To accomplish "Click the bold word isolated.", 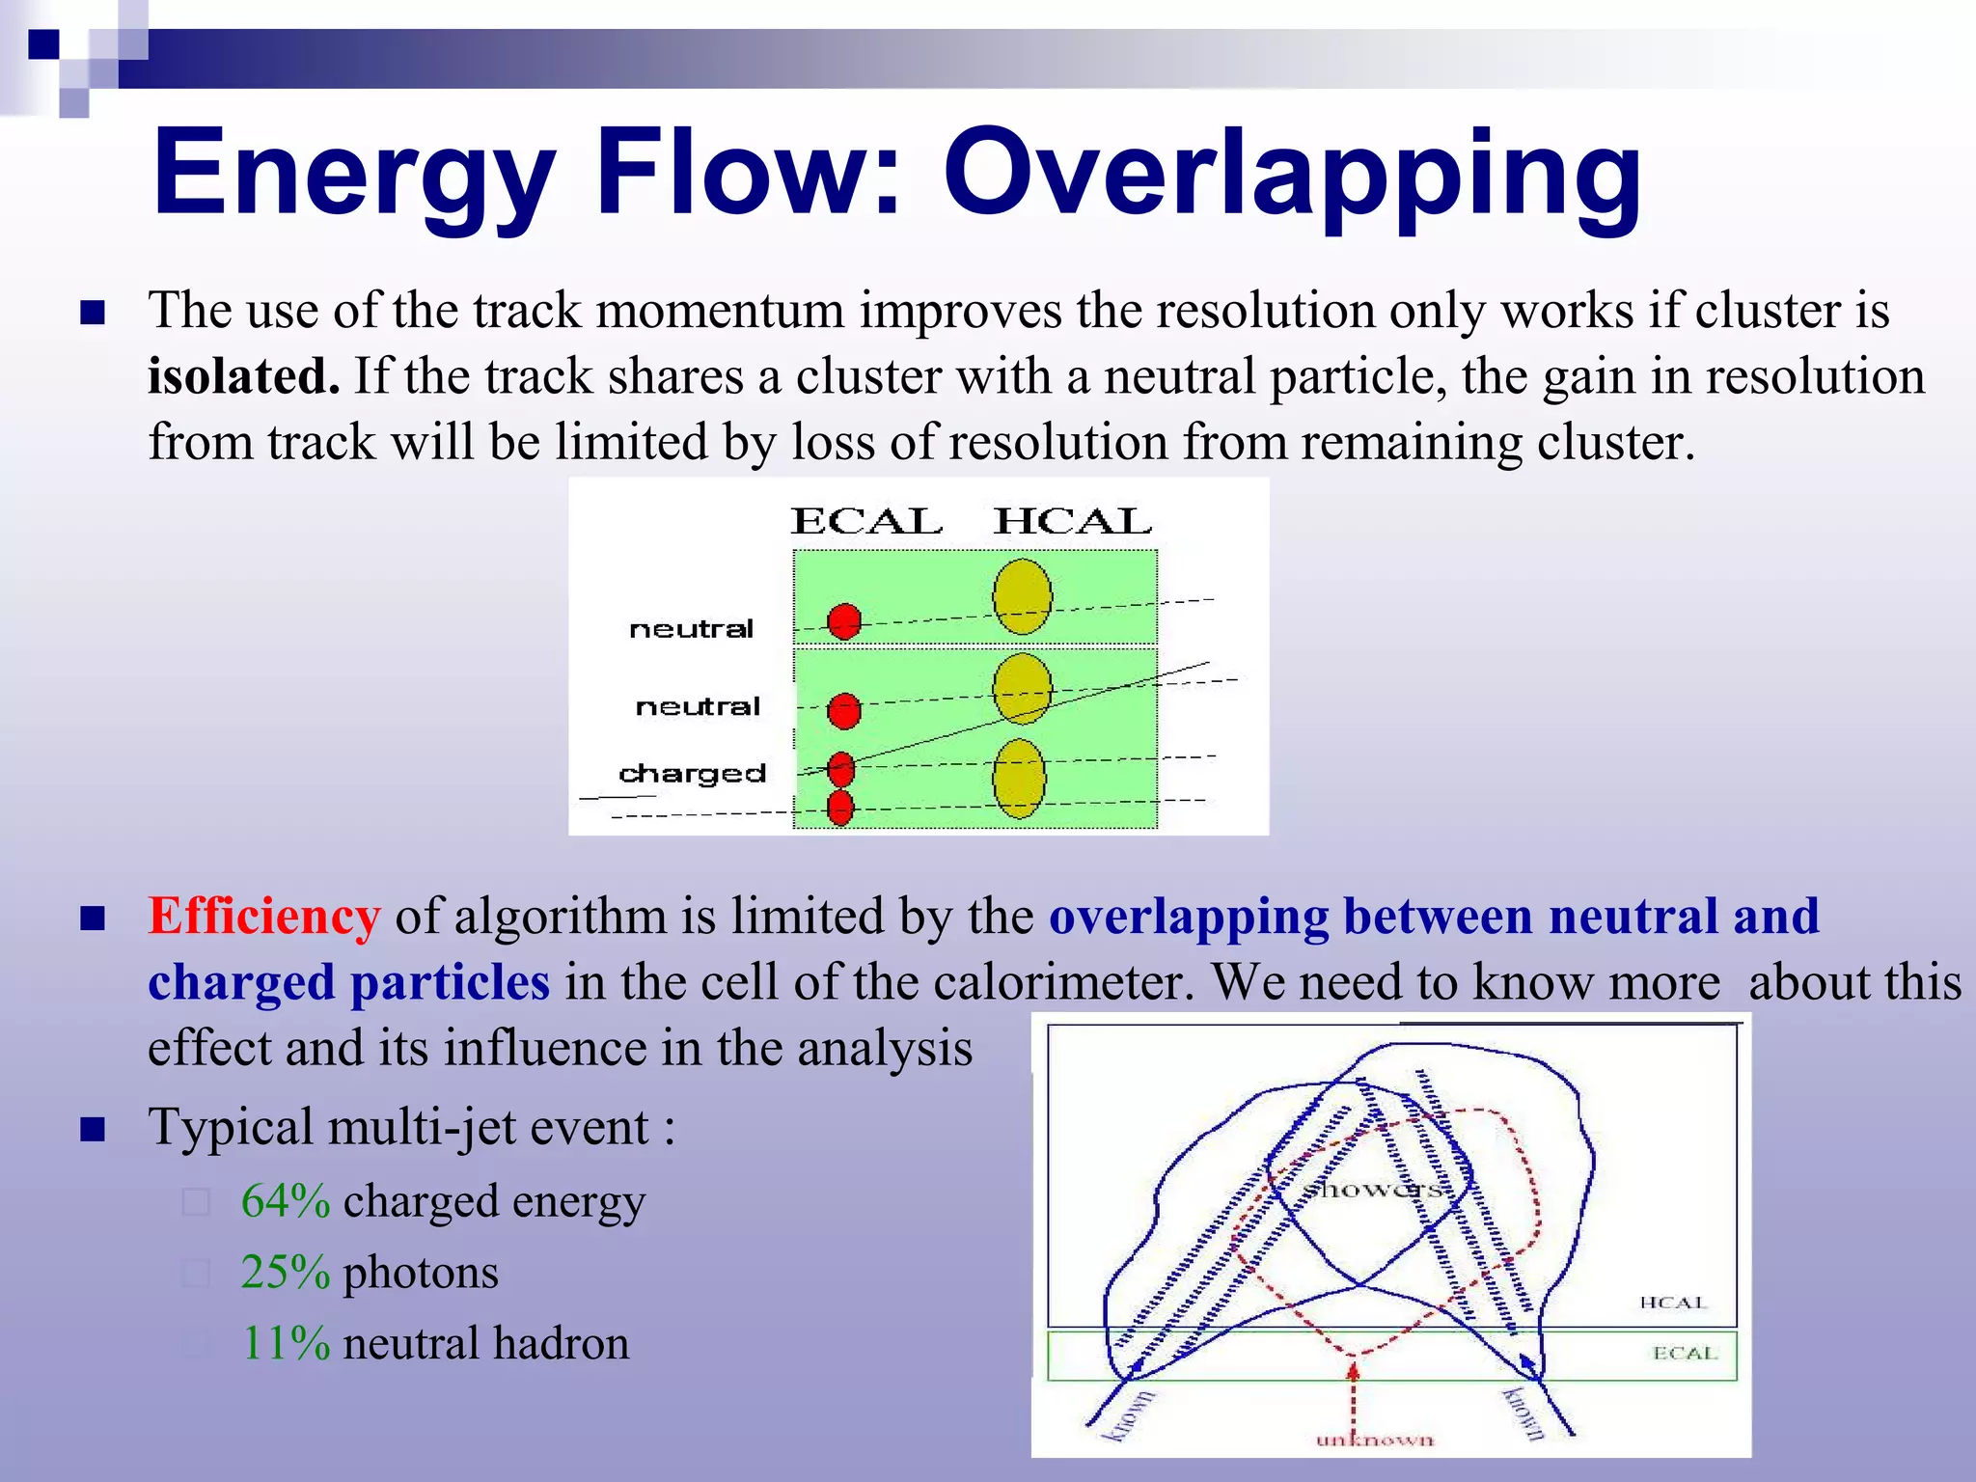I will click(243, 376).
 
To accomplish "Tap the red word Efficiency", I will click(263, 917).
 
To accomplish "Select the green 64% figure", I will click(286, 1202).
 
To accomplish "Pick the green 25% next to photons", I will click(286, 1273).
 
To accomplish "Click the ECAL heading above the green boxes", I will click(866, 522).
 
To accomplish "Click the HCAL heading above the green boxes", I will click(1073, 522).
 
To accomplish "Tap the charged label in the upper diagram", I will click(692, 774).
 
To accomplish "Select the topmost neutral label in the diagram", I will click(691, 629).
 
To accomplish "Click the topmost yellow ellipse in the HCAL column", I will click(1022, 596).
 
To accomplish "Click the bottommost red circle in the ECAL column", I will click(840, 809).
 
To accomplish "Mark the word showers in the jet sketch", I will click(1372, 1189).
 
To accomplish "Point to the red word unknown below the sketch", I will click(1375, 1441).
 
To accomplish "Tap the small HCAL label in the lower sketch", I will click(1672, 1303).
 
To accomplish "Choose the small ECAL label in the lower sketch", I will click(1685, 1353).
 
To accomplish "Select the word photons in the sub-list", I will click(421, 1273).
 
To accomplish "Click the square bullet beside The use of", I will click(93, 313).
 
